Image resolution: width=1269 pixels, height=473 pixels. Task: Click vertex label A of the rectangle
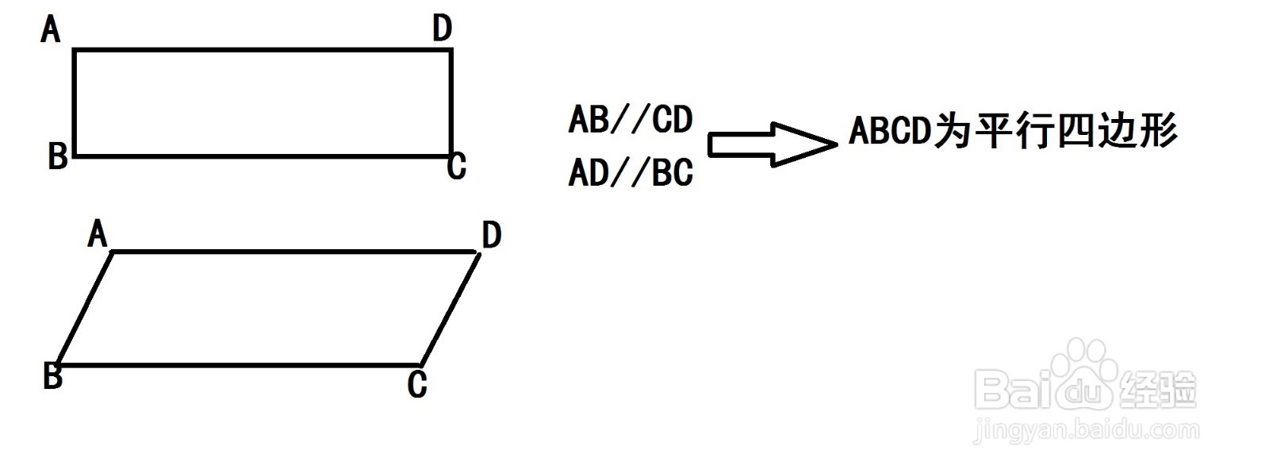click(x=51, y=30)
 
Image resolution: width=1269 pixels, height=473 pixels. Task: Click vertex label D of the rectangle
click(x=442, y=29)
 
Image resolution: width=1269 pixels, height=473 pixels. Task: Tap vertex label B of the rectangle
click(x=57, y=156)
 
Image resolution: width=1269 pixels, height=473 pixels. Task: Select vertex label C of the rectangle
click(x=456, y=167)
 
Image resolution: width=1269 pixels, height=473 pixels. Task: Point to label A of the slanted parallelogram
click(x=97, y=234)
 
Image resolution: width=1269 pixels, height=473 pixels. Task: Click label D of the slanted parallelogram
click(x=491, y=235)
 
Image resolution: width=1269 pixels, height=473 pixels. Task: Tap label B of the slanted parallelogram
click(x=52, y=375)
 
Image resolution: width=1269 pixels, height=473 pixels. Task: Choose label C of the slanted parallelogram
click(x=417, y=385)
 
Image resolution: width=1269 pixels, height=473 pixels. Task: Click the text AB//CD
click(x=631, y=120)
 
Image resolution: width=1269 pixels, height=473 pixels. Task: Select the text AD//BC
click(x=631, y=173)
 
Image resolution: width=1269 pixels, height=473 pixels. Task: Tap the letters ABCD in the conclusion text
click(x=888, y=131)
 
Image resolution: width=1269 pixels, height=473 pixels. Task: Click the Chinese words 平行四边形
click(x=1075, y=131)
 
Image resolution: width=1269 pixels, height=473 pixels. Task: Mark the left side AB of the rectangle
click(x=74, y=103)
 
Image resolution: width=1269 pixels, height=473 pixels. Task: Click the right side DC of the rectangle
click(x=451, y=103)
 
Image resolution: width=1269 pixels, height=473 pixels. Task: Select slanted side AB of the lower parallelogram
click(x=84, y=309)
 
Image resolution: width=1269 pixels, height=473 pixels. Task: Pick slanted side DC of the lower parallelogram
click(x=450, y=309)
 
